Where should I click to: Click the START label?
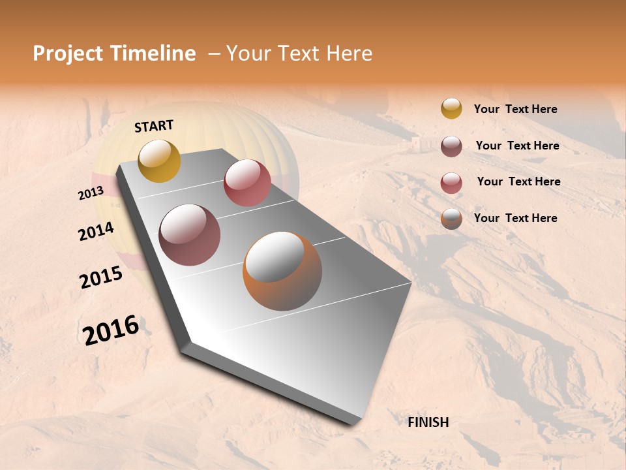click(x=154, y=126)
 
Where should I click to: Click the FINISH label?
click(x=428, y=422)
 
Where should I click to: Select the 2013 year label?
click(x=91, y=193)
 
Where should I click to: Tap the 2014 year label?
click(x=96, y=232)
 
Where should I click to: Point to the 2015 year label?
click(x=101, y=277)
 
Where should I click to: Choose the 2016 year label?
click(x=111, y=330)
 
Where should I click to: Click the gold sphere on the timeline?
click(x=159, y=161)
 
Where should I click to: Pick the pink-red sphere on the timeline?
click(x=247, y=183)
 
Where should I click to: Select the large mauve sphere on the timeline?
click(x=189, y=235)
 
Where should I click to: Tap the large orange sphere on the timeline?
click(x=282, y=271)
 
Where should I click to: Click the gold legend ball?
click(x=451, y=108)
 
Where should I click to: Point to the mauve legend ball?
click(x=451, y=146)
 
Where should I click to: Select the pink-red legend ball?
click(x=451, y=183)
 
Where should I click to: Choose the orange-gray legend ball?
click(x=451, y=219)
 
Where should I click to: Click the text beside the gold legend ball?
click(x=515, y=109)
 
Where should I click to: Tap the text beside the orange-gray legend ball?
click(x=515, y=218)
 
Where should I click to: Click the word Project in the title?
click(x=68, y=54)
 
